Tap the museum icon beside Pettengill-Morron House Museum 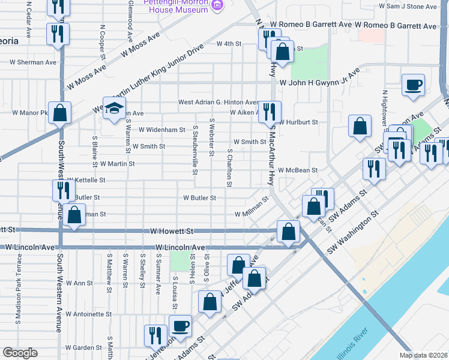(217, 6)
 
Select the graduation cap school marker (112, 109)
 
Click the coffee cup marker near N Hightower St (412, 85)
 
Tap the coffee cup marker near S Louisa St (180, 326)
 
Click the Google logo (20, 353)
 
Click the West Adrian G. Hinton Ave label (218, 103)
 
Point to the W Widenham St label (162, 130)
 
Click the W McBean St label (297, 170)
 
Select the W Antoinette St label (89, 314)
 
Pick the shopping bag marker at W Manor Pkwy (60, 112)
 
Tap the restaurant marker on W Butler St (63, 190)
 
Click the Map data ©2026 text (424, 355)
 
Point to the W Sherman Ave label (34, 62)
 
